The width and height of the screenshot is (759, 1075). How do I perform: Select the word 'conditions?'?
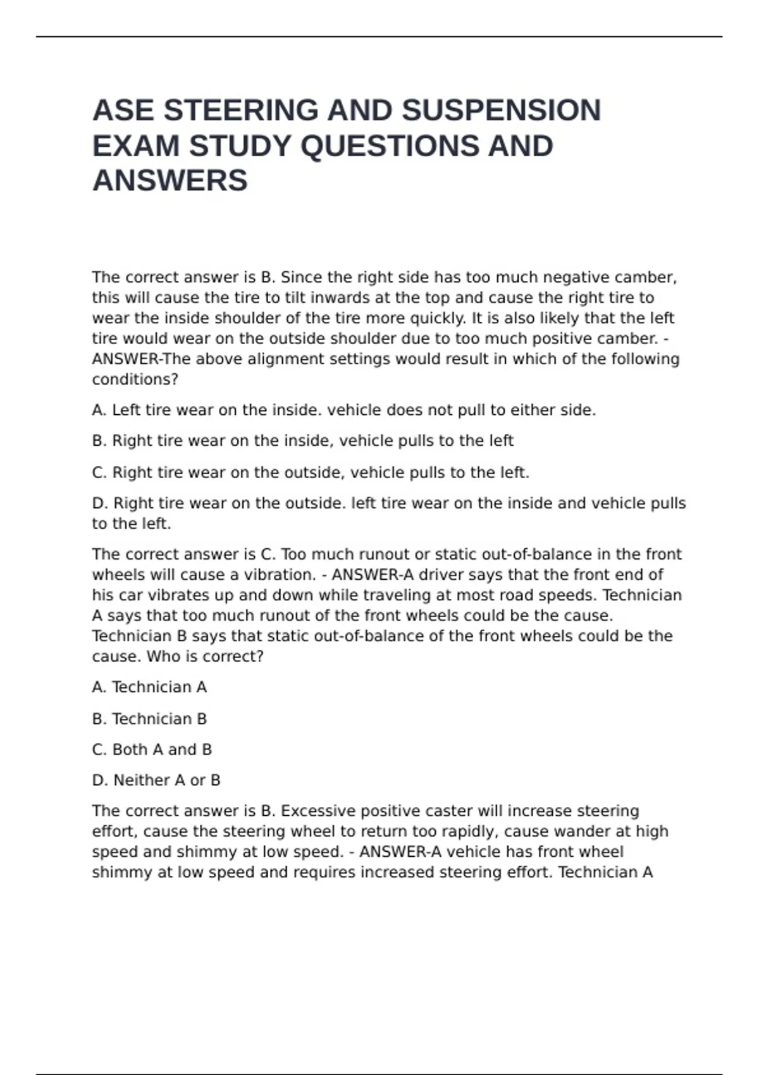pyautogui.click(x=135, y=379)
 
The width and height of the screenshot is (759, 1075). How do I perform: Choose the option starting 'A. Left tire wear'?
pyautogui.click(x=343, y=410)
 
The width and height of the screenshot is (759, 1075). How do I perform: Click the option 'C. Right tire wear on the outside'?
pyautogui.click(x=310, y=472)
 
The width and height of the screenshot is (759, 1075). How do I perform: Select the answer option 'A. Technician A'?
pyautogui.click(x=149, y=687)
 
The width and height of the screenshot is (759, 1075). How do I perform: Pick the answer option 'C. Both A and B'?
pyautogui.click(x=152, y=749)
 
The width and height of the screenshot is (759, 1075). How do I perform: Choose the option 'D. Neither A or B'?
pyautogui.click(x=156, y=780)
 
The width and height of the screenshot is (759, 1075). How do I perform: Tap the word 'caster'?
pyautogui.click(x=448, y=811)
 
